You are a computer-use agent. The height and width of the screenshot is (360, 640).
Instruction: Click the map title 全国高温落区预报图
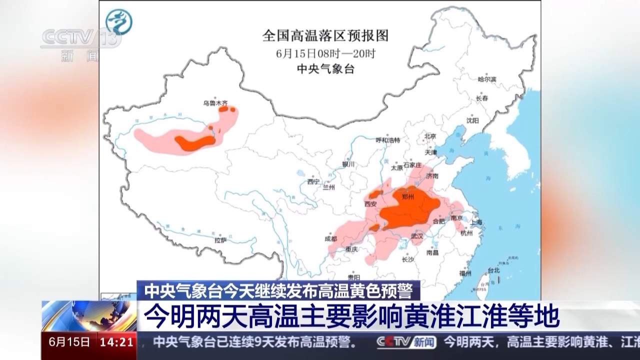click(x=325, y=35)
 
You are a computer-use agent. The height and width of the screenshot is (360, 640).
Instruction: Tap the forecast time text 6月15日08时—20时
click(x=325, y=53)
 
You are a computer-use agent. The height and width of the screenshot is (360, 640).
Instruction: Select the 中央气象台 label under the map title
click(x=325, y=69)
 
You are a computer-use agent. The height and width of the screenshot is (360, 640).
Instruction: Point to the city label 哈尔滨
click(x=486, y=79)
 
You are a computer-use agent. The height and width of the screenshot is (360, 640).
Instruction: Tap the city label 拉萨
click(x=221, y=240)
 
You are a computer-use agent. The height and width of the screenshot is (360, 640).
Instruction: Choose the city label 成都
click(x=330, y=238)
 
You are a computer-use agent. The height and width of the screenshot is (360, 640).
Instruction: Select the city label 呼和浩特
click(x=388, y=140)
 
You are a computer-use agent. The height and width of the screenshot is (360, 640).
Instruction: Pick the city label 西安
click(x=370, y=203)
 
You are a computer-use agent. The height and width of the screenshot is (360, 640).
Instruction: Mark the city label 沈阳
click(x=472, y=120)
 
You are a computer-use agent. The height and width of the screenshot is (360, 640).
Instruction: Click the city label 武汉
click(x=416, y=235)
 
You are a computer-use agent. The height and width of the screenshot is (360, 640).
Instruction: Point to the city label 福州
click(x=465, y=273)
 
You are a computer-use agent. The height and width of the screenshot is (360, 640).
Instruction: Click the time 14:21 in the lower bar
click(x=117, y=342)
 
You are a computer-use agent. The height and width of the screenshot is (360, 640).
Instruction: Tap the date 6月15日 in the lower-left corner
click(x=70, y=342)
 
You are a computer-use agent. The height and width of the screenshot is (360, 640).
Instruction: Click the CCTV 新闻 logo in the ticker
click(x=406, y=342)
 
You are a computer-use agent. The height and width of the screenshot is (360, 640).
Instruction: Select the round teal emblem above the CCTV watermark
click(x=118, y=22)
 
